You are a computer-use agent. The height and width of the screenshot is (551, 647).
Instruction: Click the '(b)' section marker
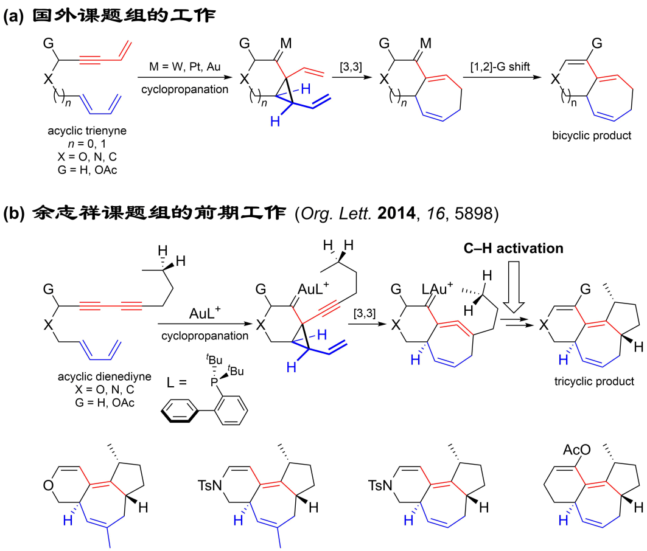point(14,214)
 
